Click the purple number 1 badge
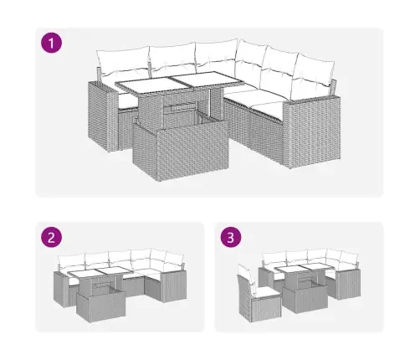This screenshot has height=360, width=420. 51,43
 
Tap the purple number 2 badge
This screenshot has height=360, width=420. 51,237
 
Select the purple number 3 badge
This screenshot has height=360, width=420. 231,237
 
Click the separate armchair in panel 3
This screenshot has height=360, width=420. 258,294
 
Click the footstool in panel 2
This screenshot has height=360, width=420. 100,305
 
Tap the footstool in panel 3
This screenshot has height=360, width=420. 305,297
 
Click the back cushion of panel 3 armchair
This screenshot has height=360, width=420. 247,275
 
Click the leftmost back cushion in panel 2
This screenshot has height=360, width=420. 71,261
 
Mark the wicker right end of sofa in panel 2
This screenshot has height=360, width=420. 173,287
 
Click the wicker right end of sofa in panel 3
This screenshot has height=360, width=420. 348,285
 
